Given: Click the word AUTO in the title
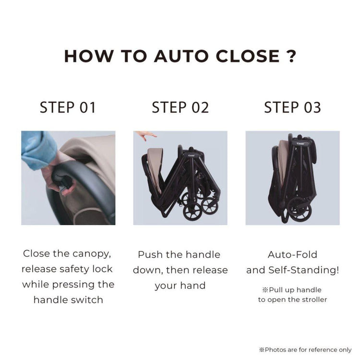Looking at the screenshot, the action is tap(181, 56).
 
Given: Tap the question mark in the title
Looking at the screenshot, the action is tap(291, 56).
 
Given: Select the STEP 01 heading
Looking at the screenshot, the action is tap(68, 108).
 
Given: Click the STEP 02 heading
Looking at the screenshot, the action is tap(180, 108).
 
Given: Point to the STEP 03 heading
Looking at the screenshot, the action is tap(292, 108).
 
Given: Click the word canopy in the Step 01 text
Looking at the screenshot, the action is tap(92, 254).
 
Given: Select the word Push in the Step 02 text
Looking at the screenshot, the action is tap(150, 254).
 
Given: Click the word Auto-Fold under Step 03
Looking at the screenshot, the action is tap(292, 254).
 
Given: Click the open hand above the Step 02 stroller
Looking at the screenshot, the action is tap(145, 135).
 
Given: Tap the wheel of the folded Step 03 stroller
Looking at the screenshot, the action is tap(300, 209).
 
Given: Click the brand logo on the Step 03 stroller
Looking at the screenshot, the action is tap(300, 144).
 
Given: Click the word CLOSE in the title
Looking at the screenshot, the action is tap(248, 56).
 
